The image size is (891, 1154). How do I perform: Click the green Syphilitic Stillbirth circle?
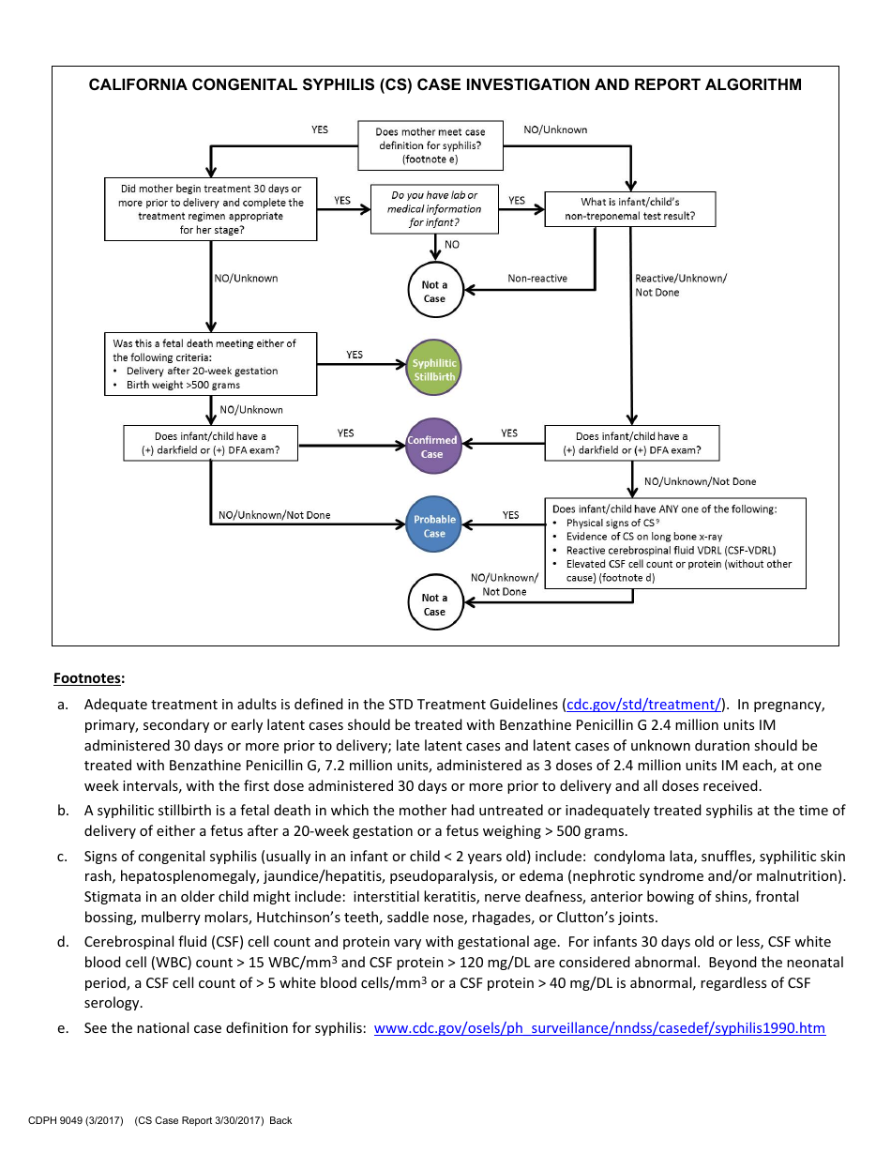point(434,368)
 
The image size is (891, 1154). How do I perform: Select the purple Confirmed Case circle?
point(432,447)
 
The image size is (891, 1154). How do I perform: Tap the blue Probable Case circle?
point(434,525)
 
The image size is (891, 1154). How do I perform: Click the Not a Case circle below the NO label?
point(434,292)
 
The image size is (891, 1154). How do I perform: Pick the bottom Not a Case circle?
point(434,604)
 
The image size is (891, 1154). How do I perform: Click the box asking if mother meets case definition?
point(430,145)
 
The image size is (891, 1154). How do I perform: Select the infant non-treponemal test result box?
point(629,209)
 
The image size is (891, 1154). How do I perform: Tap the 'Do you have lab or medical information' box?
point(434,209)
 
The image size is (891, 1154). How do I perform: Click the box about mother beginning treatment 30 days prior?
point(211,209)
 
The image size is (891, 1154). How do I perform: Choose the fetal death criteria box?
point(211,364)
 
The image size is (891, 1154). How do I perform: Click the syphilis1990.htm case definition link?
point(599,1028)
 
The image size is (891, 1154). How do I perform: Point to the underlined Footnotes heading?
point(89,677)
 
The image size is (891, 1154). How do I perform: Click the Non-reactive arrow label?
point(537,279)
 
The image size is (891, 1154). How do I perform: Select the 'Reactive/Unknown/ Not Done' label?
point(680,285)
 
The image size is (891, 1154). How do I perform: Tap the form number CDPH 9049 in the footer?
point(76,1120)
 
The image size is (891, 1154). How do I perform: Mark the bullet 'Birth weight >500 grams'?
point(183,385)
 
